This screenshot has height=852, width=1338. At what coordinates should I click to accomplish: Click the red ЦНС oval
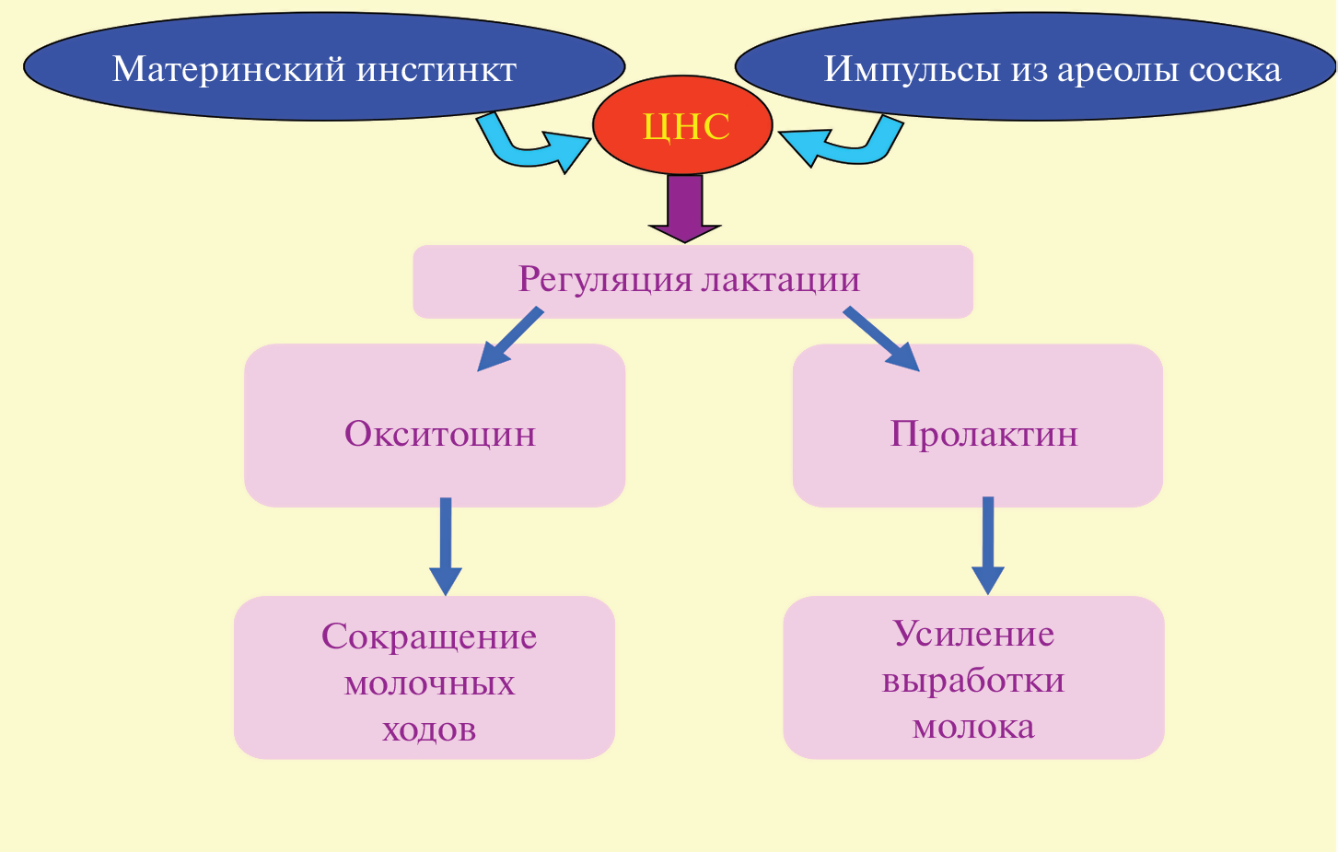pyautogui.click(x=682, y=126)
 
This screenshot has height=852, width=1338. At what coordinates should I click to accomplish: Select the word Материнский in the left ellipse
pyautogui.click(x=229, y=69)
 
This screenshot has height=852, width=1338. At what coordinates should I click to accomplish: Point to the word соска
pyautogui.click(x=1236, y=69)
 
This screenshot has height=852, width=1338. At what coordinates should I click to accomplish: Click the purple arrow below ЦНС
pyautogui.click(x=684, y=208)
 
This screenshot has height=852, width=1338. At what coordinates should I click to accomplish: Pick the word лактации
pyautogui.click(x=781, y=279)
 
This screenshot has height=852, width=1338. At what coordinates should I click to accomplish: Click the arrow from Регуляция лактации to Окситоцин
pyautogui.click(x=509, y=340)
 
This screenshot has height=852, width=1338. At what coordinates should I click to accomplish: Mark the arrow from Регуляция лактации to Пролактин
pyautogui.click(x=882, y=340)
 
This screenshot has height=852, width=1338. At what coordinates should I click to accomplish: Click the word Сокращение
pyautogui.click(x=429, y=636)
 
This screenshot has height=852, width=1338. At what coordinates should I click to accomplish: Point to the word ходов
pyautogui.click(x=429, y=729)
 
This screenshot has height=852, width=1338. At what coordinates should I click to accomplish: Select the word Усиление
pyautogui.click(x=973, y=634)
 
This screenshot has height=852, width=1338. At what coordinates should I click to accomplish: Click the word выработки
pyautogui.click(x=973, y=681)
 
